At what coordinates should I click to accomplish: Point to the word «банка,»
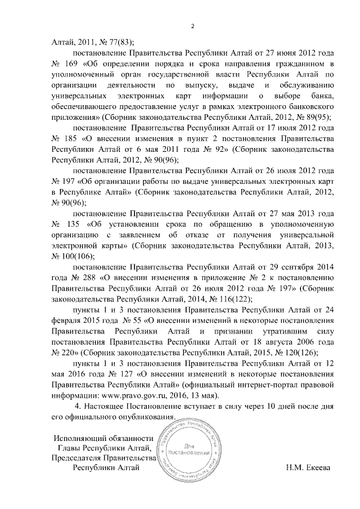coord(323,96)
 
